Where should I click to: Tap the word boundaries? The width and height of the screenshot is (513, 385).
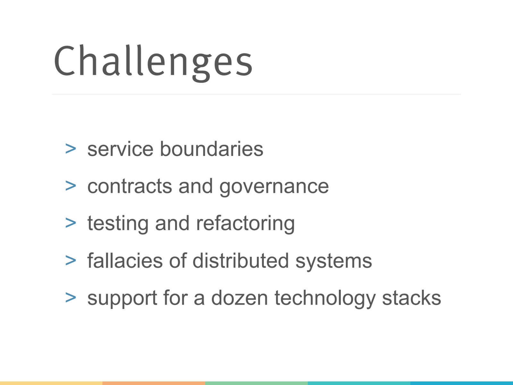pyautogui.click(x=211, y=149)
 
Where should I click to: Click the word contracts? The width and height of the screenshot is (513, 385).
pyautogui.click(x=130, y=186)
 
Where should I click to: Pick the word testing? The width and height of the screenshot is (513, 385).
pyautogui.click(x=118, y=224)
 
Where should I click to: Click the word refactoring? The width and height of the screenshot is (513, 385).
pyautogui.click(x=245, y=224)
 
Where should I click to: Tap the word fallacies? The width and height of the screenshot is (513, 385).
pyautogui.click(x=125, y=261)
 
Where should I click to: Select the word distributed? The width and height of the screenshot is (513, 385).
pyautogui.click(x=240, y=261)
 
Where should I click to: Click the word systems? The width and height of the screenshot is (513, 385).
pyautogui.click(x=333, y=261)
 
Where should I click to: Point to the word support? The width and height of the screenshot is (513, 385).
pyautogui.click(x=122, y=298)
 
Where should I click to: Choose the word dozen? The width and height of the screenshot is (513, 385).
pyautogui.click(x=239, y=298)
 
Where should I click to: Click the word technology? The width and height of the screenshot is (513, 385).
pyautogui.click(x=325, y=298)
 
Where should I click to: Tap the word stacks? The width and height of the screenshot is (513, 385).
pyautogui.click(x=411, y=298)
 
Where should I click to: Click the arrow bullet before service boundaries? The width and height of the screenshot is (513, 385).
pyautogui.click(x=71, y=149)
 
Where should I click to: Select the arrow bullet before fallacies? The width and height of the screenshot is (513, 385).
pyautogui.click(x=71, y=261)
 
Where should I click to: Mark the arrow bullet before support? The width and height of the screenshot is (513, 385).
pyautogui.click(x=71, y=298)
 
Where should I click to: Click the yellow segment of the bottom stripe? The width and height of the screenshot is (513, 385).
pyautogui.click(x=51, y=383)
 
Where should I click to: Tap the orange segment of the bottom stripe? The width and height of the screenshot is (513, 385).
pyautogui.click(x=154, y=383)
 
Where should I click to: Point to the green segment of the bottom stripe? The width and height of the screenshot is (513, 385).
pyautogui.click(x=256, y=383)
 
